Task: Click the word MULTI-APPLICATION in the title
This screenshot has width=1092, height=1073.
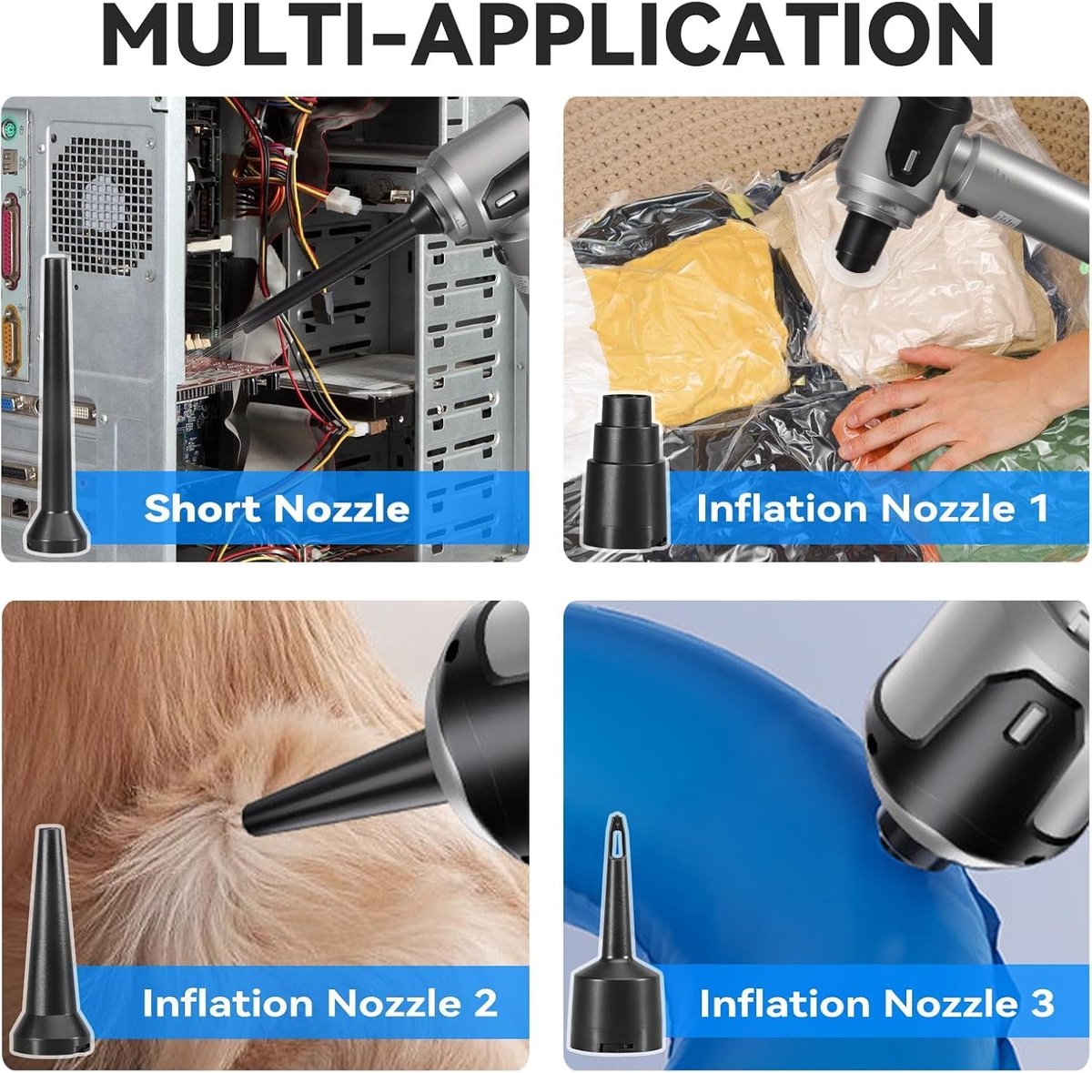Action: (x=547, y=35)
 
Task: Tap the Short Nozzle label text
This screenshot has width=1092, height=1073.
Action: (x=277, y=508)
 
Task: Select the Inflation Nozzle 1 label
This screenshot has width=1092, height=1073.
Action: (x=872, y=508)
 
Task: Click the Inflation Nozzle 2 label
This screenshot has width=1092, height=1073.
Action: (x=319, y=1003)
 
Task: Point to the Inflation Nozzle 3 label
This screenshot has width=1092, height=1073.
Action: (x=876, y=1003)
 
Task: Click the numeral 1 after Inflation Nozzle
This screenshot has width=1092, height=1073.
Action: (x=1038, y=508)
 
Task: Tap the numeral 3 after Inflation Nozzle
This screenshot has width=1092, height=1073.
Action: (x=1042, y=1003)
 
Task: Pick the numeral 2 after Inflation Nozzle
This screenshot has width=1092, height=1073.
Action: (x=485, y=1003)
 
